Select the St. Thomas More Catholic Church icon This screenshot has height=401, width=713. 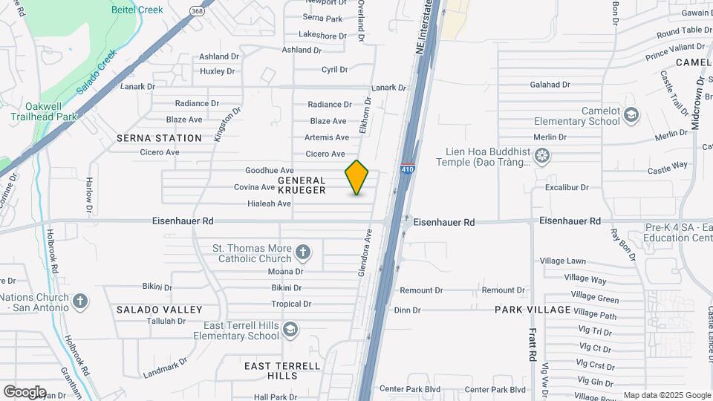pyautogui.click(x=303, y=252)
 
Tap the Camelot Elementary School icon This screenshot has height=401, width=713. pyautogui.click(x=631, y=115)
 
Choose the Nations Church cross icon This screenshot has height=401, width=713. pyautogui.click(x=80, y=301)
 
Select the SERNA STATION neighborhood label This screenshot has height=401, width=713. pyautogui.click(x=159, y=138)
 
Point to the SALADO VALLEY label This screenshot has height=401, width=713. pyautogui.click(x=159, y=309)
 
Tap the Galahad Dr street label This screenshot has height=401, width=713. pyautogui.click(x=549, y=85)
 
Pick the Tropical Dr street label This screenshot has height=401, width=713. pyautogui.click(x=291, y=304)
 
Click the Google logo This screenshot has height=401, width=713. pyautogui.click(x=25, y=392)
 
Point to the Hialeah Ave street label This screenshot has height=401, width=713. pyautogui.click(x=269, y=203)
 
